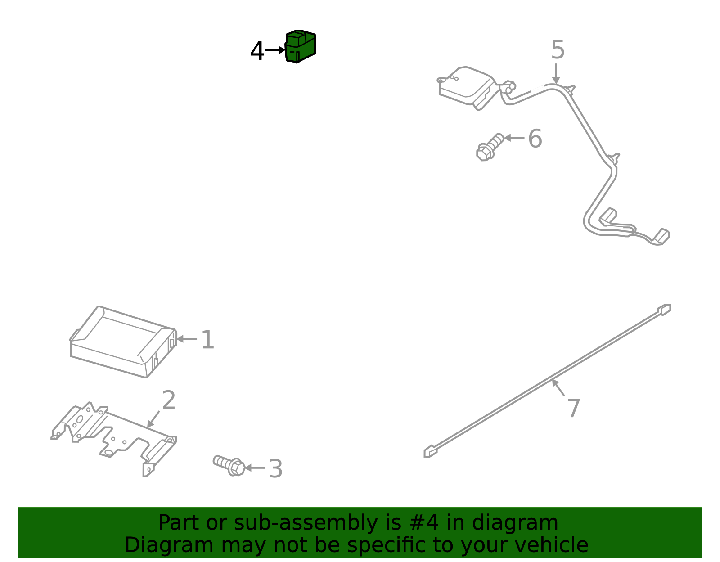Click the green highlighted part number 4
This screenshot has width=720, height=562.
[x=300, y=46]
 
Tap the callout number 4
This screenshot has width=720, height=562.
[x=257, y=51]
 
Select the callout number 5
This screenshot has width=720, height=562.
[x=558, y=49]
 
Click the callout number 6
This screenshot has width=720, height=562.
[x=535, y=139]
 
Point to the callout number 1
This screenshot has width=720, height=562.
[x=208, y=339]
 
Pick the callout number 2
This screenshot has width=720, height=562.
[x=169, y=400]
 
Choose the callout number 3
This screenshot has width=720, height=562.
[x=276, y=468]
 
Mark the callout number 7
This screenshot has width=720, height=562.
[x=574, y=408]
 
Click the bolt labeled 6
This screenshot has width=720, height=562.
[x=490, y=148]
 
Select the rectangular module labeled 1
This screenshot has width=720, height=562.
[x=123, y=342]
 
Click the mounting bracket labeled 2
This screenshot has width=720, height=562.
[x=114, y=438]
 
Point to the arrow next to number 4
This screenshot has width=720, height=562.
[x=275, y=50]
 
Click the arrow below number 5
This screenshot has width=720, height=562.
[x=556, y=73]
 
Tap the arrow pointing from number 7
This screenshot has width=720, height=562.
[x=558, y=388]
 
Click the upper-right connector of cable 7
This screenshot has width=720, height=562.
[x=664, y=310]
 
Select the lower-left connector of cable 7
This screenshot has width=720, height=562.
[x=430, y=451]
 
